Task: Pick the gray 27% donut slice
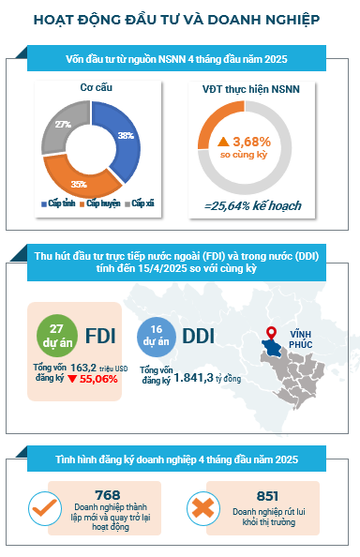click(x=62, y=125)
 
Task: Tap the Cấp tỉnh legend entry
click(x=58, y=203)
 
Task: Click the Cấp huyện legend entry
click(x=100, y=203)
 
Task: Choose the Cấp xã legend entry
click(x=140, y=203)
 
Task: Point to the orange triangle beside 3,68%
click(x=223, y=143)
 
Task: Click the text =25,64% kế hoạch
click(x=252, y=205)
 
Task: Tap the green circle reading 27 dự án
click(x=57, y=336)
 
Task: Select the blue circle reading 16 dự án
click(x=157, y=337)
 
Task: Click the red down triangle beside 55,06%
click(x=72, y=379)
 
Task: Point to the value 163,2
click(x=83, y=368)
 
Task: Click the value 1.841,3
click(x=193, y=378)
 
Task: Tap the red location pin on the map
click(x=272, y=334)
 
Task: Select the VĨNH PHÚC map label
click(x=300, y=339)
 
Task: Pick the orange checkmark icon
click(x=44, y=508)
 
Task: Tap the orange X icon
click(x=203, y=508)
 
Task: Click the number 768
click(x=108, y=494)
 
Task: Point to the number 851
click(x=267, y=495)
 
